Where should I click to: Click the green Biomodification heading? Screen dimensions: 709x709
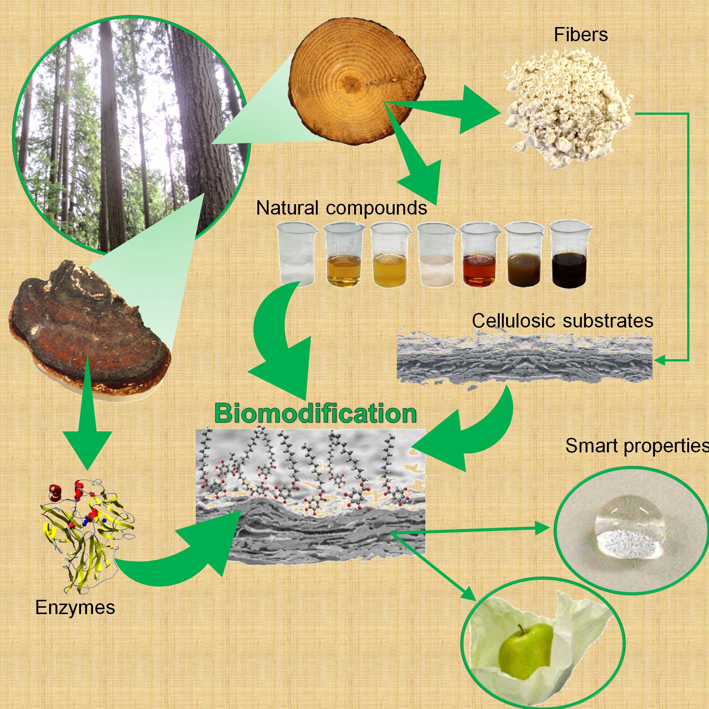315,413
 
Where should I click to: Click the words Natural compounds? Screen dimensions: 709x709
341,207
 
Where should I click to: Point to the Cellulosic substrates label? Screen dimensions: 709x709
562,321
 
